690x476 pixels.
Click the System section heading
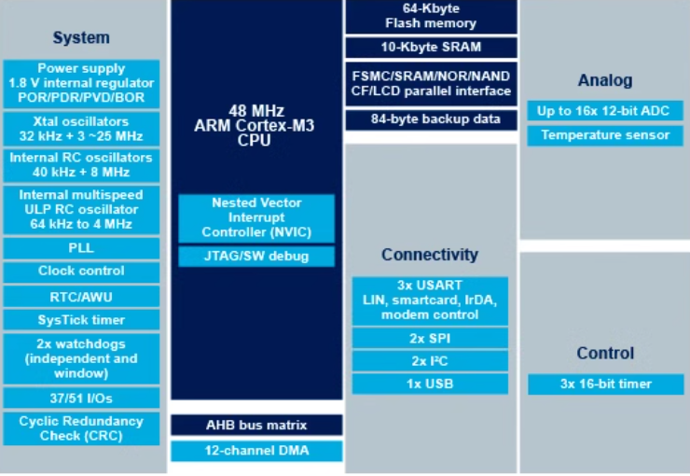pyautogui.click(x=81, y=38)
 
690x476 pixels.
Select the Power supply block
pyautogui.click(x=81, y=84)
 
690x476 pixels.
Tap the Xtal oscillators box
pyautogui.click(x=81, y=129)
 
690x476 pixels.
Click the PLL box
pyautogui.click(x=81, y=248)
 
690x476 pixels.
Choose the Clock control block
pyautogui.click(x=81, y=272)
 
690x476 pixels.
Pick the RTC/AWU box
pyautogui.click(x=81, y=296)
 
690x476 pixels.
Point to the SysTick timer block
pyautogui.click(x=81, y=319)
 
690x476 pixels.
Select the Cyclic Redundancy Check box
pyautogui.click(x=81, y=428)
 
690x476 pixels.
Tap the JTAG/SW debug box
pyautogui.click(x=255, y=256)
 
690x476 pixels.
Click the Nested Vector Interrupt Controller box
pyautogui.click(x=255, y=217)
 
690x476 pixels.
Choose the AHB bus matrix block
pyautogui.click(x=255, y=426)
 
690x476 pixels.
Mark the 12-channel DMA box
pyautogui.click(x=255, y=452)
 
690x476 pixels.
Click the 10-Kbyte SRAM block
pyautogui.click(x=430, y=47)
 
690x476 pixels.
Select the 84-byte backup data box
pyautogui.click(x=430, y=119)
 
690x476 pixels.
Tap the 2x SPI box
pyautogui.click(x=430, y=338)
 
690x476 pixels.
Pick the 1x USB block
pyautogui.click(x=430, y=384)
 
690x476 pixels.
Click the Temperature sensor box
pyautogui.click(x=604, y=135)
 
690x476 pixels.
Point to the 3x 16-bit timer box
pyautogui.click(x=604, y=384)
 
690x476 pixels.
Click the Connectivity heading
pyautogui.click(x=430, y=255)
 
